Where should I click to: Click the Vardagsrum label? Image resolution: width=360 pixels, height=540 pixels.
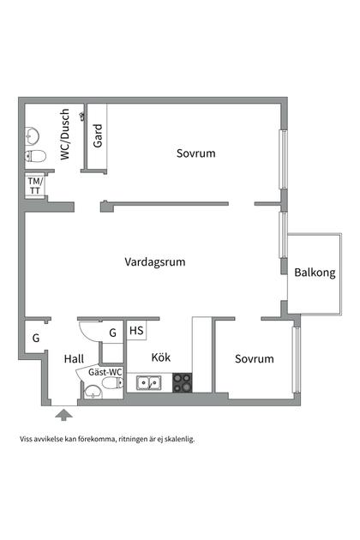pyautogui.click(x=155, y=262)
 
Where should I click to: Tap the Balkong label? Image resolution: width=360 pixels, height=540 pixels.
pyautogui.click(x=315, y=273)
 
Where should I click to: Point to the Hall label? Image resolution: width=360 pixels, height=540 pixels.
pyautogui.click(x=75, y=359)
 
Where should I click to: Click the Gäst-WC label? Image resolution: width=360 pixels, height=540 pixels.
pyautogui.click(x=105, y=373)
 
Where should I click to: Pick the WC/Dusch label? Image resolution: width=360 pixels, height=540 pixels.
pyautogui.click(x=64, y=136)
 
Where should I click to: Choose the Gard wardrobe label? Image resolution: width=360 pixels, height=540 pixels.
pyautogui.click(x=98, y=135)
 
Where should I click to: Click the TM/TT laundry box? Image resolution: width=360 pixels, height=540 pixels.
pyautogui.click(x=35, y=184)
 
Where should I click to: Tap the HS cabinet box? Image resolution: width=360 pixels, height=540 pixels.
pyautogui.click(x=136, y=330)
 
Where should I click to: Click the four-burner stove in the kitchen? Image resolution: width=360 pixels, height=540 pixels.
pyautogui.click(x=182, y=383)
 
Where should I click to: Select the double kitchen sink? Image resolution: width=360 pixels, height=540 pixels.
pyautogui.click(x=149, y=383)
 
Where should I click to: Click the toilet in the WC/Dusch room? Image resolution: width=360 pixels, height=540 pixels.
pyautogui.click(x=36, y=156)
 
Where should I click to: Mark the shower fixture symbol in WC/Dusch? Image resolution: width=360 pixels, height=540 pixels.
pyautogui.click(x=81, y=115)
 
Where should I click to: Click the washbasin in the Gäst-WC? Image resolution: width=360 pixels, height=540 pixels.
pyautogui.click(x=92, y=393)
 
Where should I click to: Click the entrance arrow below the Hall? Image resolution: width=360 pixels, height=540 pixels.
pyautogui.click(x=63, y=416)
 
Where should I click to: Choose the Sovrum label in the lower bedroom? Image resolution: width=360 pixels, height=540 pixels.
pyautogui.click(x=255, y=359)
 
